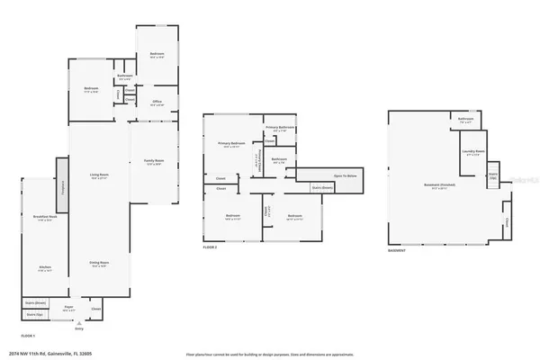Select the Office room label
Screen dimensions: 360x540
[x=157, y=103]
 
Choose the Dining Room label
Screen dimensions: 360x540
[x=99, y=264]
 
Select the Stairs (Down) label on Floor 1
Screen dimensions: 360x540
[x=35, y=306]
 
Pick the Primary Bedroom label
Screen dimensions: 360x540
[x=231, y=144]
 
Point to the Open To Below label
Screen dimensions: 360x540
[x=346, y=175]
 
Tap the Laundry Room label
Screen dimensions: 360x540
[x=473, y=152]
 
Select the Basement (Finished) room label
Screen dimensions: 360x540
[x=437, y=186]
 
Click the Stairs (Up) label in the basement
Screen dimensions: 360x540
[x=493, y=175]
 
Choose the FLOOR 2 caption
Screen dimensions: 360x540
[x=211, y=246]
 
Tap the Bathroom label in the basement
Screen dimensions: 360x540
[x=465, y=119]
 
